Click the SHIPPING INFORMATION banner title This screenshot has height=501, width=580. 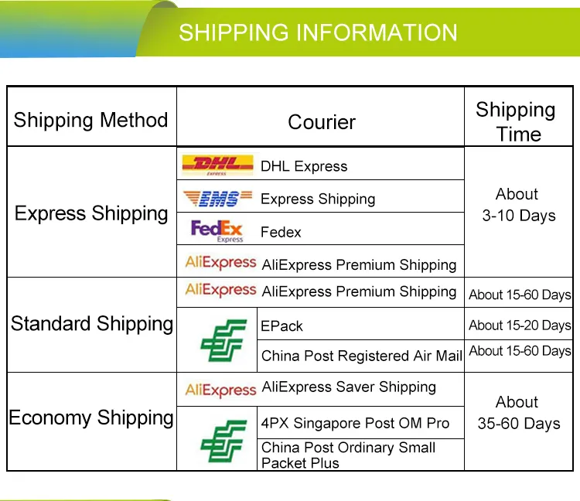tap(318, 32)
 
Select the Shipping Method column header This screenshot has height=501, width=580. tap(90, 120)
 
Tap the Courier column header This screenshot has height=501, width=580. tap(322, 122)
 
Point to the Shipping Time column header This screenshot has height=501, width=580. tap(516, 121)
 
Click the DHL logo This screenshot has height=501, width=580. tap(217, 165)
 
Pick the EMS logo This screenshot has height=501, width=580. tap(218, 198)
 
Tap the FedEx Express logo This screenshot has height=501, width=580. tap(217, 231)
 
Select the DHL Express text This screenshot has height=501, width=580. tap(304, 166)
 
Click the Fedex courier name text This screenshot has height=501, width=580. tap(281, 232)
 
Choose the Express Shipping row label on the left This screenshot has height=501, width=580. tap(91, 213)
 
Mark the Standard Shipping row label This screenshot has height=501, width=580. tap(92, 324)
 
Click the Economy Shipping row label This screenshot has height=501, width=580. tap(91, 417)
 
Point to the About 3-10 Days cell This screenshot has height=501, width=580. tap(518, 205)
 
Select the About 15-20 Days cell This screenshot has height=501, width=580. tap(520, 325)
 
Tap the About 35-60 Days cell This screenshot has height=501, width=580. tap(519, 413)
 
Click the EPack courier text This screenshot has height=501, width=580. tap(281, 326)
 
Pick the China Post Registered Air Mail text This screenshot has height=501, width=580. tap(361, 356)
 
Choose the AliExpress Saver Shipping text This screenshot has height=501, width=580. tap(349, 387)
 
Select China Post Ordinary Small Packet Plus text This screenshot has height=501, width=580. tap(348, 455)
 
